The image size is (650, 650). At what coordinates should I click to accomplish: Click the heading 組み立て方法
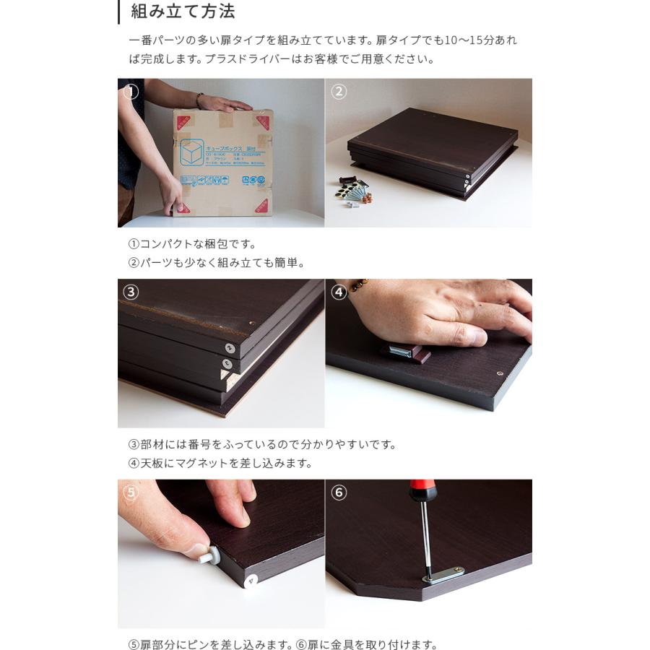point(183,12)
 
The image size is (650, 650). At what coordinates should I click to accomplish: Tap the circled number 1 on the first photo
point(131,92)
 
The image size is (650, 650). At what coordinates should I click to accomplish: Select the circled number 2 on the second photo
point(339,92)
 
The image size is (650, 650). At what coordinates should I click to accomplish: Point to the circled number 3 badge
point(131,292)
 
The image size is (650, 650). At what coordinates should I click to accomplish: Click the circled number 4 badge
point(339,292)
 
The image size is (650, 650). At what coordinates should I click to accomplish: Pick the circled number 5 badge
point(131,493)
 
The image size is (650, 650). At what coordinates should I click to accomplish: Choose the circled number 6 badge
point(339,493)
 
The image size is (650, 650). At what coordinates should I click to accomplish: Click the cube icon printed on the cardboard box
point(191,152)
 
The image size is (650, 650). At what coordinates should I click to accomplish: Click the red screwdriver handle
point(422,490)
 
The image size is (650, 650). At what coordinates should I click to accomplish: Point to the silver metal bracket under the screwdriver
point(443,575)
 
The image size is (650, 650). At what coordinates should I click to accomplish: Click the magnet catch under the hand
point(405,352)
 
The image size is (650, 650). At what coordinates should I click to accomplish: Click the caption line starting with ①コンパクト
point(192,244)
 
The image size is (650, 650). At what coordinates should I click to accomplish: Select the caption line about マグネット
point(220,464)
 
